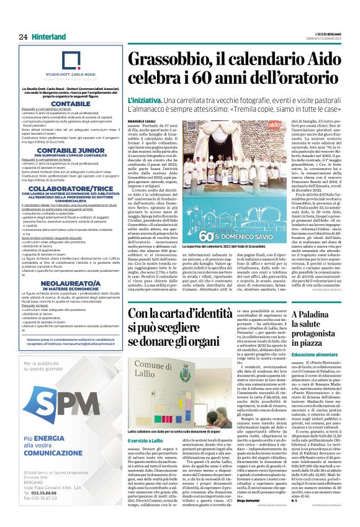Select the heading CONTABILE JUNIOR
tap(71, 151)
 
